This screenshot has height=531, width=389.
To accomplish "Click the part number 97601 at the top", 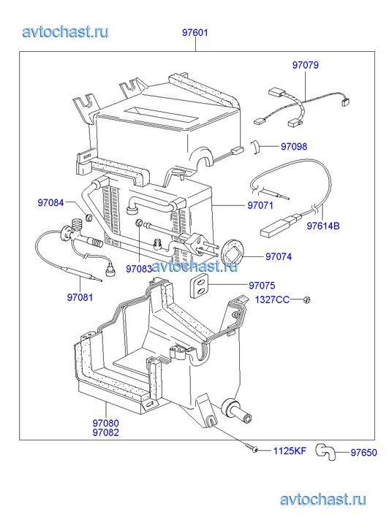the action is pyautogui.click(x=195, y=33).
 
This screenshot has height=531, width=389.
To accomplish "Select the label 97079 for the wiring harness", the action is pyautogui.click(x=305, y=65).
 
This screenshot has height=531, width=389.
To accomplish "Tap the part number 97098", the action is pyautogui.click(x=294, y=146).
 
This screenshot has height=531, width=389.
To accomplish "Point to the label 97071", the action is pyautogui.click(x=260, y=205).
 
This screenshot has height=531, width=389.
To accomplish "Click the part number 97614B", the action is pyautogui.click(x=323, y=226).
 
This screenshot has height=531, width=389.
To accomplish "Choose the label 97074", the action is pyautogui.click(x=279, y=256).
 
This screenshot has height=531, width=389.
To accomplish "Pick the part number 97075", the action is pyautogui.click(x=263, y=286).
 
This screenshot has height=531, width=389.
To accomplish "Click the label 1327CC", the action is pyautogui.click(x=272, y=299).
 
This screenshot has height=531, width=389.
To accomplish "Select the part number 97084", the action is pyautogui.click(x=50, y=202).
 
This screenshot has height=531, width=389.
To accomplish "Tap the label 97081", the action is pyautogui.click(x=80, y=297).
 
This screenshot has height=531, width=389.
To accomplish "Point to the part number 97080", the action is pyautogui.click(x=106, y=423).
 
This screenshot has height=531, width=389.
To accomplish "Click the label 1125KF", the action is pyautogui.click(x=290, y=451).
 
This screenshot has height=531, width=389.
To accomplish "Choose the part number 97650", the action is pyautogui.click(x=363, y=452).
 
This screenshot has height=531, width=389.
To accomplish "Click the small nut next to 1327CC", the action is pyautogui.click(x=307, y=299).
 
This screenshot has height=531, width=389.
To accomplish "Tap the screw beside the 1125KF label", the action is pyautogui.click(x=253, y=448).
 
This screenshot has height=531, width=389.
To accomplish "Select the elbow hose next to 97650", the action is pyautogui.click(x=325, y=452).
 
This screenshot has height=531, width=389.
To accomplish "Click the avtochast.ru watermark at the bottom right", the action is pyautogui.click(x=323, y=499).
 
